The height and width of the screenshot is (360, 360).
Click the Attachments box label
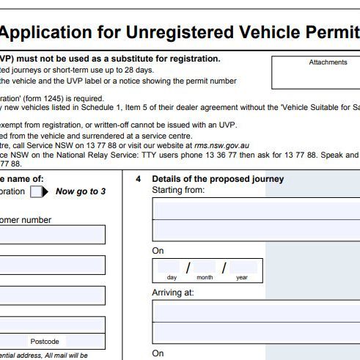click(x=328, y=62)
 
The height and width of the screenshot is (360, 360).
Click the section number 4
click(x=138, y=179)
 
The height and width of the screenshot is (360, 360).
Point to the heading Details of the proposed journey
click(x=218, y=179)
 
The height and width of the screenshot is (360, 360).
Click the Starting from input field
click(x=255, y=220)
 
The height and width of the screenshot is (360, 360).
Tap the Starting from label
click(x=178, y=190)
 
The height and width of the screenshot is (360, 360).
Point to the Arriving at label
click(x=172, y=292)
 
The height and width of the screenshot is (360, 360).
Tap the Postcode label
click(x=44, y=342)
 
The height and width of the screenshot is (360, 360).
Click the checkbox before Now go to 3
click(x=37, y=192)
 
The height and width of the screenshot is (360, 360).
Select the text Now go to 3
click(x=81, y=192)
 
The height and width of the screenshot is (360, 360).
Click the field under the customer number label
click(x=51, y=235)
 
